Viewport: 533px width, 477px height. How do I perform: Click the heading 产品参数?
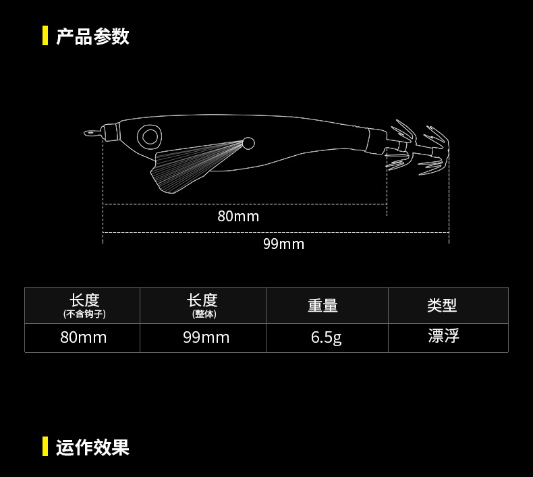[x=92, y=36]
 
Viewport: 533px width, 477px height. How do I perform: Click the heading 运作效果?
[x=92, y=447]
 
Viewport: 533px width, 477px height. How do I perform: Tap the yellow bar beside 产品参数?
[x=45, y=36]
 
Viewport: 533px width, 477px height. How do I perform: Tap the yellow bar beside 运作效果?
[x=45, y=447]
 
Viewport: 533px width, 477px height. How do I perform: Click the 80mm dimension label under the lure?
[x=238, y=216]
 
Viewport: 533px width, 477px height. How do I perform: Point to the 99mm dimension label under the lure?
[x=283, y=244]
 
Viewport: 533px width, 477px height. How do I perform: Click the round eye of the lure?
[x=148, y=137]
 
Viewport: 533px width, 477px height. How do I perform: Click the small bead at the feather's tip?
[x=248, y=143]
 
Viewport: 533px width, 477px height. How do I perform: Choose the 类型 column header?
[x=442, y=306]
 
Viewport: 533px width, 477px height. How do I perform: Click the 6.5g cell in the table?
[x=327, y=337]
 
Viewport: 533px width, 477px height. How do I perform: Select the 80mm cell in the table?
[x=84, y=337]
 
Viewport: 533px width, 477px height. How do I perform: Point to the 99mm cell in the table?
[x=206, y=337]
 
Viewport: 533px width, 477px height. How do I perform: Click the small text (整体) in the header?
[x=202, y=314]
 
